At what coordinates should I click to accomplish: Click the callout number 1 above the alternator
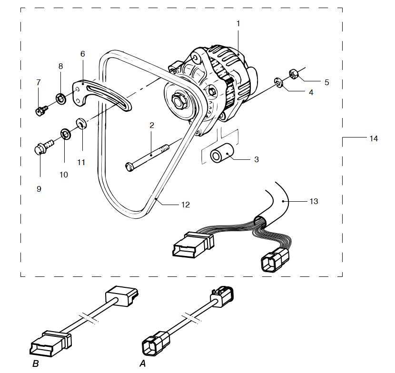click(x=238, y=23)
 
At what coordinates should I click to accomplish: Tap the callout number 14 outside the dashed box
click(x=374, y=138)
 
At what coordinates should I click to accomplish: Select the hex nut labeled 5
click(x=293, y=74)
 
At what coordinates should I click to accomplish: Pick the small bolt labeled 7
click(x=40, y=111)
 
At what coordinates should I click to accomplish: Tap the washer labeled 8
click(x=61, y=98)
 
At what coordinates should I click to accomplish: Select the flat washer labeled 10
click(x=65, y=134)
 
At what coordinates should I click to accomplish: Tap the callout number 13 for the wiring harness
click(x=313, y=201)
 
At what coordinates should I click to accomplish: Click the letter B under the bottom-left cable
click(x=35, y=364)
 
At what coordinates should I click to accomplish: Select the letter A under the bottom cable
click(x=142, y=364)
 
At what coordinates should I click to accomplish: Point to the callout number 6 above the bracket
click(x=82, y=54)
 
